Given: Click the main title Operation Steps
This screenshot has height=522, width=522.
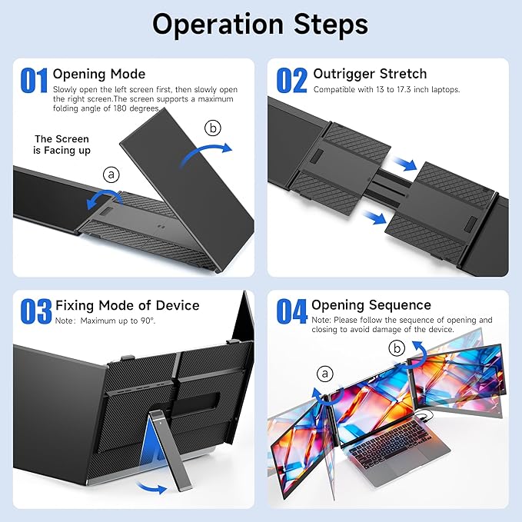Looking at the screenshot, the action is pos(261,25).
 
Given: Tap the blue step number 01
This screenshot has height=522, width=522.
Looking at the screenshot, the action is pos(34,80).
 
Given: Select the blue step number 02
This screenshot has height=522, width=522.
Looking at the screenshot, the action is pos(291,80).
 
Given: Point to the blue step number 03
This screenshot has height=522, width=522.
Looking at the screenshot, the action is pos(36,311).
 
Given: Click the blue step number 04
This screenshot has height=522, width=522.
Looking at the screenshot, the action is pos(291,311).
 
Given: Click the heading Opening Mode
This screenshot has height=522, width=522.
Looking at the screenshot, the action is pos(99,74).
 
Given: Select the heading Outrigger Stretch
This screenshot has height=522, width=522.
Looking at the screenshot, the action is pos(370,74).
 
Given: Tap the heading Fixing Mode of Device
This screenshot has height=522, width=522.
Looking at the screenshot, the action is pos(127,305).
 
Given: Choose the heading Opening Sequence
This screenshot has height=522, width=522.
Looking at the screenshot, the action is pos(371,305).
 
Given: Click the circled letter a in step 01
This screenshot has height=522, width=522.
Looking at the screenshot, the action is pos(111,174).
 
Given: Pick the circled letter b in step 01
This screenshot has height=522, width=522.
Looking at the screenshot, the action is pos(213,128).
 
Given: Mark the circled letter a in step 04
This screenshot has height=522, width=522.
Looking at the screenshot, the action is pos(325,374).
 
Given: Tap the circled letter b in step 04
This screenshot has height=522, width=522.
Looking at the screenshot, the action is pos(397,348).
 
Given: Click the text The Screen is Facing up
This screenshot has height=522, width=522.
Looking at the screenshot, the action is pos(62,145).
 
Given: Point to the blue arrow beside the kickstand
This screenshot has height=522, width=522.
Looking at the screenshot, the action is pos(151,487).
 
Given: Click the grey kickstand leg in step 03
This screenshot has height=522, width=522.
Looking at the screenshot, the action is pos(171,450).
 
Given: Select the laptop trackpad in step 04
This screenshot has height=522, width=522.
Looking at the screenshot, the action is pos(407,462).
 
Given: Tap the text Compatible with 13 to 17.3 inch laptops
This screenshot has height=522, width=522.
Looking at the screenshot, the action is pos(387,89).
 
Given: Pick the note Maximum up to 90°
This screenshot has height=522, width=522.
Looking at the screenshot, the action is pos(105,321).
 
